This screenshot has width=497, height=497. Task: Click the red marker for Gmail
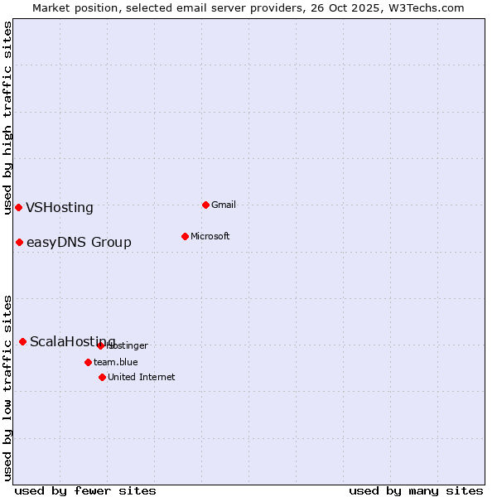(205, 205)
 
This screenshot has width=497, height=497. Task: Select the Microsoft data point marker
(185, 236)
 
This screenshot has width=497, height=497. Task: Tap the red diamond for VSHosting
(18, 207)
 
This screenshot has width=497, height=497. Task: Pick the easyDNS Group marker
(19, 242)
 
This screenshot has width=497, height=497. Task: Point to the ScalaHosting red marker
(22, 341)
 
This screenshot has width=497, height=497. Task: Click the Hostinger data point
(100, 345)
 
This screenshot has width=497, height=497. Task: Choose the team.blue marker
(88, 362)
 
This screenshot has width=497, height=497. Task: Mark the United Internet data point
(102, 377)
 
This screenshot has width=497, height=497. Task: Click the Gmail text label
(224, 205)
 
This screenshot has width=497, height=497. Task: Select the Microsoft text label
(210, 236)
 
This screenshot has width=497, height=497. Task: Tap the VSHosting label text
(60, 208)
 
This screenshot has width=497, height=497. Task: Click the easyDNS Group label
(79, 243)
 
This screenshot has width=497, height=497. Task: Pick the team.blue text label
(116, 362)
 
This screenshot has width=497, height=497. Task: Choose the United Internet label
(142, 377)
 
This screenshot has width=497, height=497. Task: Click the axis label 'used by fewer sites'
(85, 490)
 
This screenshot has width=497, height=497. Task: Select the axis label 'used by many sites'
(416, 490)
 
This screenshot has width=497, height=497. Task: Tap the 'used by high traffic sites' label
(7, 118)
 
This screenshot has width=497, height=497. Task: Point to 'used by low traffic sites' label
(7, 387)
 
